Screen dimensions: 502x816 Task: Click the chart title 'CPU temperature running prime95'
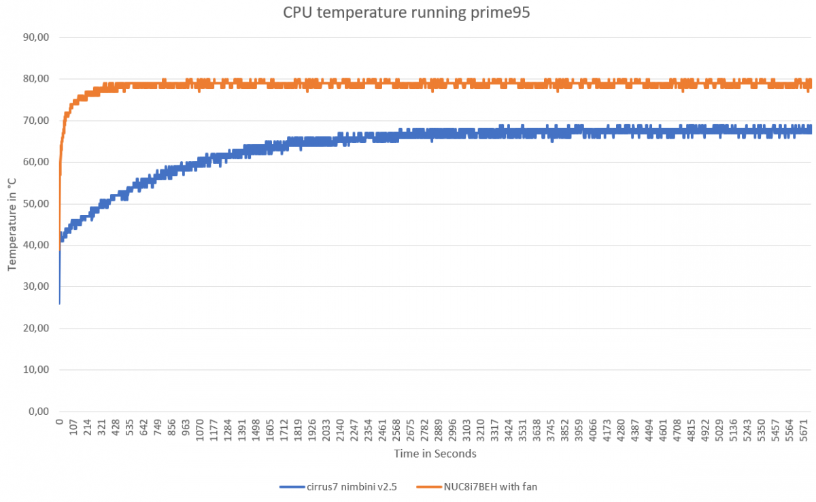(407, 13)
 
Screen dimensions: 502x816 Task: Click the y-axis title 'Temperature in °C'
(12, 224)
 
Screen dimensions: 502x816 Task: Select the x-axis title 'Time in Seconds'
(435, 454)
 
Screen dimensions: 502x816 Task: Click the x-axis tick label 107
(73, 429)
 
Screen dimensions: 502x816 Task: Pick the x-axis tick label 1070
(200, 431)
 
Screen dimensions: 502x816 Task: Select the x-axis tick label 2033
(326, 431)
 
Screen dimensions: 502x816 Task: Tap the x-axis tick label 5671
(804, 431)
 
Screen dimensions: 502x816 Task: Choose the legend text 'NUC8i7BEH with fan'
(496, 486)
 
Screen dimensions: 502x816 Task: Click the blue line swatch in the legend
(294, 486)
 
